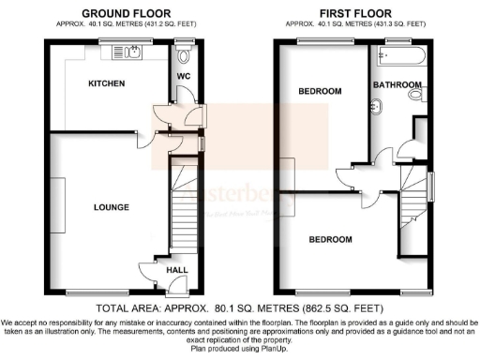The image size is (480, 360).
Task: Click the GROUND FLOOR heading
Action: (x=118, y=12)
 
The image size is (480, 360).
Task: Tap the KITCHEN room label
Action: (x=107, y=83)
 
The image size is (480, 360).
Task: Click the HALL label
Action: (x=176, y=270)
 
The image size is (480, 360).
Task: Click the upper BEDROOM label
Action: (x=320, y=91)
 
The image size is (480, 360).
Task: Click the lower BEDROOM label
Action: (x=331, y=240)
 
